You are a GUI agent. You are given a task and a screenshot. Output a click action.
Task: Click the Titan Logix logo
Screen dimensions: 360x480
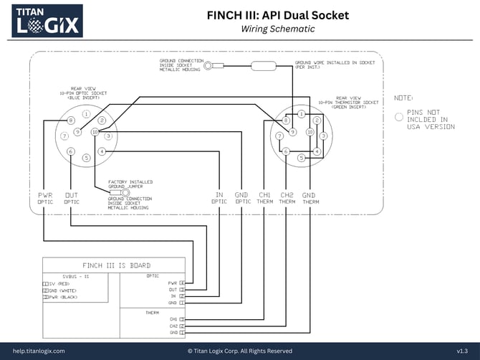coord(47,21)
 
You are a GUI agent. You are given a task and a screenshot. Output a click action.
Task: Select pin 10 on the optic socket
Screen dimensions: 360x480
coord(95,133)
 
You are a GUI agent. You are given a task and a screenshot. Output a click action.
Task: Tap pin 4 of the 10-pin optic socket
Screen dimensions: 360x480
coord(102,151)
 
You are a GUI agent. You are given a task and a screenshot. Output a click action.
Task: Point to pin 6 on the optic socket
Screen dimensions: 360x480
coord(71,151)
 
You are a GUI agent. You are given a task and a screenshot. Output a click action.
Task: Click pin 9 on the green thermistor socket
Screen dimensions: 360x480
coord(293,132)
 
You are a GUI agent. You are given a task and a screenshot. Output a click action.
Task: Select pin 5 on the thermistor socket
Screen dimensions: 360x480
coord(302,157)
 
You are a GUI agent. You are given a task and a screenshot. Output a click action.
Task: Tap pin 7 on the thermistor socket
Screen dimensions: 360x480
coord(279,136)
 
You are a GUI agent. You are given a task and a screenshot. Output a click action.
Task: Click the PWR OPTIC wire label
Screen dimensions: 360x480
coord(45,198)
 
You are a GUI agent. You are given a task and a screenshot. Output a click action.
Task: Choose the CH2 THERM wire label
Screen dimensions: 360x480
coord(287,198)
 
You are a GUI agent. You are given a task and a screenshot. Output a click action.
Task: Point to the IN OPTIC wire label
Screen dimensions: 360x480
coord(219,198)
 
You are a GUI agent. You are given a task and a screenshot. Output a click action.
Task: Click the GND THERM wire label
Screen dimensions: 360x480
coord(308,198)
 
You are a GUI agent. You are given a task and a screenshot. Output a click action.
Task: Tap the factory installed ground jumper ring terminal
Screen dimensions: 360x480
coord(125,192)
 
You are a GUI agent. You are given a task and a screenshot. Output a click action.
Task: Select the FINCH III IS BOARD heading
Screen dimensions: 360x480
coord(116,265)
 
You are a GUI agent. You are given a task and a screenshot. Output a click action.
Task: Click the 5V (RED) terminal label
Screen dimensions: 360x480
coord(62,283)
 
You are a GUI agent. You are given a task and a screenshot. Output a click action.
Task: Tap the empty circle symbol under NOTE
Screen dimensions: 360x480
coord(399,116)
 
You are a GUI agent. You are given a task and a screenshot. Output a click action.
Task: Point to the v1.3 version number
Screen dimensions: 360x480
coord(463,351)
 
